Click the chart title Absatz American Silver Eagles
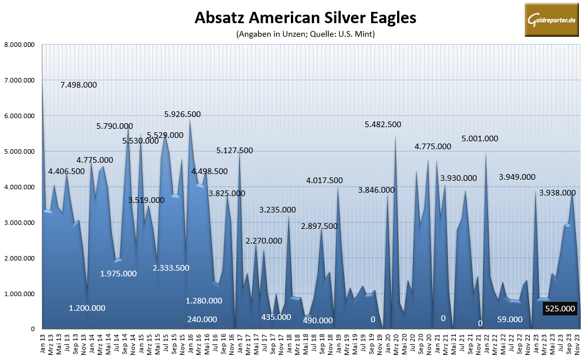click(305, 18)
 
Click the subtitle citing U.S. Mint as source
click(305, 34)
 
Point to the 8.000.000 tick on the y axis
click(19, 45)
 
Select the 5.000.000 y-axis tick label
click(19, 151)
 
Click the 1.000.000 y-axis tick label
click(19, 294)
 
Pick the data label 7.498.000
click(79, 85)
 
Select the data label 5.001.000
click(480, 138)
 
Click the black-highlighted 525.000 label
click(559, 309)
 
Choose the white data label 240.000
click(202, 319)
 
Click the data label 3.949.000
click(517, 177)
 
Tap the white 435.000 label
click(276, 317)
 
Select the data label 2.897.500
click(319, 225)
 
